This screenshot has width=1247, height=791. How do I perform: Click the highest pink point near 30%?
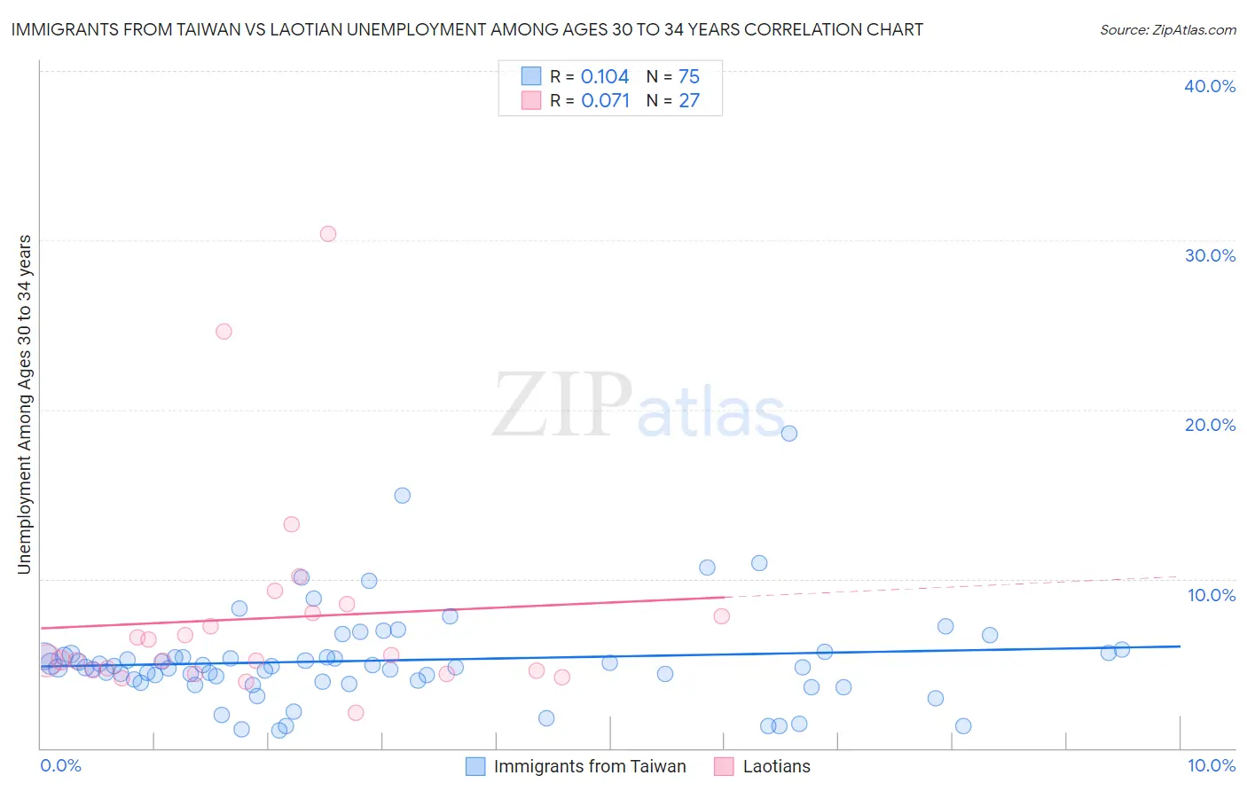coord(328,234)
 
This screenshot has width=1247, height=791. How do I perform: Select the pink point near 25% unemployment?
coord(224,332)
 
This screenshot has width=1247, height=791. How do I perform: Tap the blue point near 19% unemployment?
coord(789,434)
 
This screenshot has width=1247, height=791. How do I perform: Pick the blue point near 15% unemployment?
coord(403,496)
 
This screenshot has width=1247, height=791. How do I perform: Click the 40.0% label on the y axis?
coord(1210,86)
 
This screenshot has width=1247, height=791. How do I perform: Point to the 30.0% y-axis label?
coord(1210,255)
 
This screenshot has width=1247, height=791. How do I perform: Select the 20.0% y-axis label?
coord(1210,425)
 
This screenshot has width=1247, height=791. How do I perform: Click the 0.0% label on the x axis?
coord(60,765)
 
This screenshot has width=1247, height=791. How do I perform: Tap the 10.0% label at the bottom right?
coord(1211,765)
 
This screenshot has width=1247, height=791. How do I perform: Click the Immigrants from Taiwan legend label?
coord(590,766)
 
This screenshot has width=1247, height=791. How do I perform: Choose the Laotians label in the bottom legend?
coord(776,766)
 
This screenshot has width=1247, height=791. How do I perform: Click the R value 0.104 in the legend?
coord(605,77)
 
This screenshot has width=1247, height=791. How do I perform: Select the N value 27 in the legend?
coord(689,101)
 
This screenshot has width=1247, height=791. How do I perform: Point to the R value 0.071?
coord(605,101)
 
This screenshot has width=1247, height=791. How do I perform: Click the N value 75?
coord(689,77)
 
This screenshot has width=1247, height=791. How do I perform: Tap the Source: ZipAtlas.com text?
coord(1167,30)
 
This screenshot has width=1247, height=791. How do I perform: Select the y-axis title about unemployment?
coord(25,404)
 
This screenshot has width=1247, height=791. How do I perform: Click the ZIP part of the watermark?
coord(561,406)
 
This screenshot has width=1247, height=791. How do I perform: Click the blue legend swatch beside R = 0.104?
coord(531,76)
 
